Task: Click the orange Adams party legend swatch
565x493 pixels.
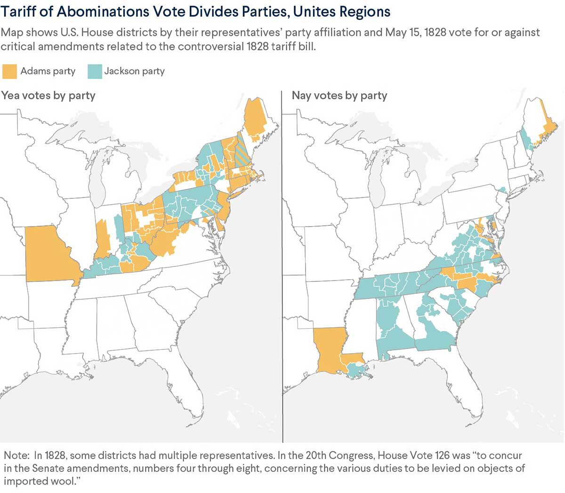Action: click(x=9, y=71)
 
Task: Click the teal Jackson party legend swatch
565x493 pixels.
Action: click(x=94, y=71)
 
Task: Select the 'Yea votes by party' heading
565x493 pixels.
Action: click(x=48, y=96)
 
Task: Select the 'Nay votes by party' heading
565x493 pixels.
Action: click(x=339, y=96)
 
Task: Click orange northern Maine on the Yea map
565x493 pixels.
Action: click(x=256, y=118)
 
